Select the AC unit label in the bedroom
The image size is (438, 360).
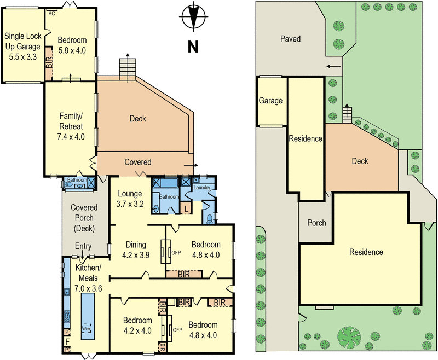[x=52, y=13]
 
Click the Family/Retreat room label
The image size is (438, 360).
[x=72, y=126]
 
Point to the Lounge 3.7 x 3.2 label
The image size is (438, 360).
[x=130, y=199]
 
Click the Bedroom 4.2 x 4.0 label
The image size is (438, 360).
[x=137, y=324]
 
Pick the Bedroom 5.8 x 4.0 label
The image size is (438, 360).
[x=72, y=45]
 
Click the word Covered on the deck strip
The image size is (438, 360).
[x=138, y=162]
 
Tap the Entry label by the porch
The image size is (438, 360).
[x=83, y=246]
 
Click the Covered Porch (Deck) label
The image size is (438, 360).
[x=84, y=218]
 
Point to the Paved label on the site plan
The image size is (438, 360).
[x=291, y=39]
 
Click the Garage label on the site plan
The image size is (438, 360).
[x=270, y=101]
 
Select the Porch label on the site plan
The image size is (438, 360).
[x=316, y=223]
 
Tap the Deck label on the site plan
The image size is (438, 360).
[x=360, y=161]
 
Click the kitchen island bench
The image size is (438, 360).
[x=88, y=316]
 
